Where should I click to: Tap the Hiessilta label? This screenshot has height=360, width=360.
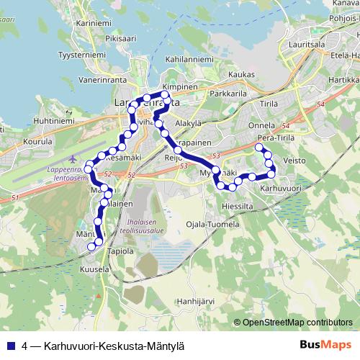point(238,204)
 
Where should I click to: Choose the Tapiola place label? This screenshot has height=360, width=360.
point(120,251)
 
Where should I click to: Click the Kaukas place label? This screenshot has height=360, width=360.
point(242,74)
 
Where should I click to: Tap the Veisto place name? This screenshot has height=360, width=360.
point(295,160)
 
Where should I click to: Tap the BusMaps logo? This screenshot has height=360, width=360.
point(325,345)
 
